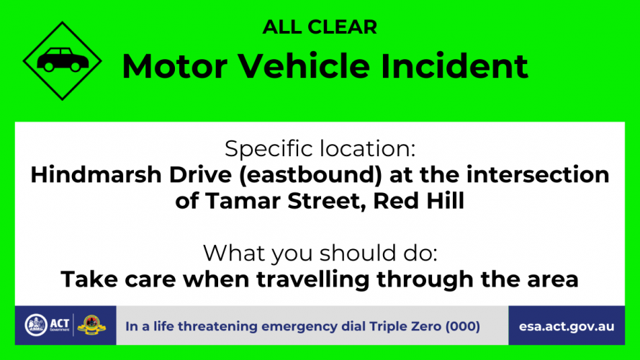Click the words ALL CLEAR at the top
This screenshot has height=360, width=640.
tap(320, 27)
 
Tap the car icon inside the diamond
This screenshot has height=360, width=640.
tap(63, 60)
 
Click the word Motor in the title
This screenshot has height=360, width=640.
tap(174, 66)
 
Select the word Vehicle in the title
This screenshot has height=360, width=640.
tap(304, 66)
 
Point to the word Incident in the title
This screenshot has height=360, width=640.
tap(455, 66)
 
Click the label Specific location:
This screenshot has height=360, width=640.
tap(320, 148)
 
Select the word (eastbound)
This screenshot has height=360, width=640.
tap(310, 175)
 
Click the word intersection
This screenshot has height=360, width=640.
tap(538, 175)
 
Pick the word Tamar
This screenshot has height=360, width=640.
tap(243, 201)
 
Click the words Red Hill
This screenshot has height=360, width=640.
tap(418, 201)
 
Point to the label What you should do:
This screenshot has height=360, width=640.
tap(320, 253)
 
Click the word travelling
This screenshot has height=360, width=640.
tap(312, 279)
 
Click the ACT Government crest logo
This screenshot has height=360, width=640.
tap(36, 325)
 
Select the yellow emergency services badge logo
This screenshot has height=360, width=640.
tap(91, 325)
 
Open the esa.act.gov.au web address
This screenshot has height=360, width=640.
tap(567, 327)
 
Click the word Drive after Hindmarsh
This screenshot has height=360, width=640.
tap(200, 175)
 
